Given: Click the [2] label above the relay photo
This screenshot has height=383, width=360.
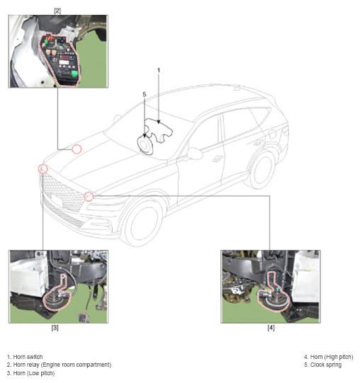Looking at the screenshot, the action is pyautogui.click(x=57, y=11).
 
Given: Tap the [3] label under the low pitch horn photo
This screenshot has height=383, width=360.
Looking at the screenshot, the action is pyautogui.click(x=55, y=328).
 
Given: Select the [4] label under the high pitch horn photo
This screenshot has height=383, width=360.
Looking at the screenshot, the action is pyautogui.click(x=271, y=328).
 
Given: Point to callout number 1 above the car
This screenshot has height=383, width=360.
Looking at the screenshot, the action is pyautogui.click(x=159, y=70).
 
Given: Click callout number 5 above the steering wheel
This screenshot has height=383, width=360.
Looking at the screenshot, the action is pyautogui.click(x=145, y=94).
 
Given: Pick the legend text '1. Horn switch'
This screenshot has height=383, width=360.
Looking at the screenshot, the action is pyautogui.click(x=25, y=357).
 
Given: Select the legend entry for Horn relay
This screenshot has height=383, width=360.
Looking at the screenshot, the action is pyautogui.click(x=59, y=365).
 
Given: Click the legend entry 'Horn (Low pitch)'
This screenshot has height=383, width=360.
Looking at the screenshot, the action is pyautogui.click(x=30, y=373).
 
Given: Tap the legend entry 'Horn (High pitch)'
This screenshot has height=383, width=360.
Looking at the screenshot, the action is pyautogui.click(x=328, y=357).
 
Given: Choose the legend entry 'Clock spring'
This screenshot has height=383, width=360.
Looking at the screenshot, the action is pyautogui.click(x=322, y=365).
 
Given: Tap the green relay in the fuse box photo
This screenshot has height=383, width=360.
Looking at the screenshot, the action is pyautogui.click(x=74, y=74).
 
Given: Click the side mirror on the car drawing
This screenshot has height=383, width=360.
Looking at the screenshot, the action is pyautogui.click(x=195, y=154).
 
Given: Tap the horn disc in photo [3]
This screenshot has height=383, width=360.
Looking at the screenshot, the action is pyautogui.click(x=54, y=299).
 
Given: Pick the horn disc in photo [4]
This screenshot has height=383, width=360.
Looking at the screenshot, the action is pyautogui.click(x=274, y=299).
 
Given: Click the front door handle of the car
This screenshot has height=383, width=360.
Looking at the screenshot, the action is pyautogui.click(x=216, y=159).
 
